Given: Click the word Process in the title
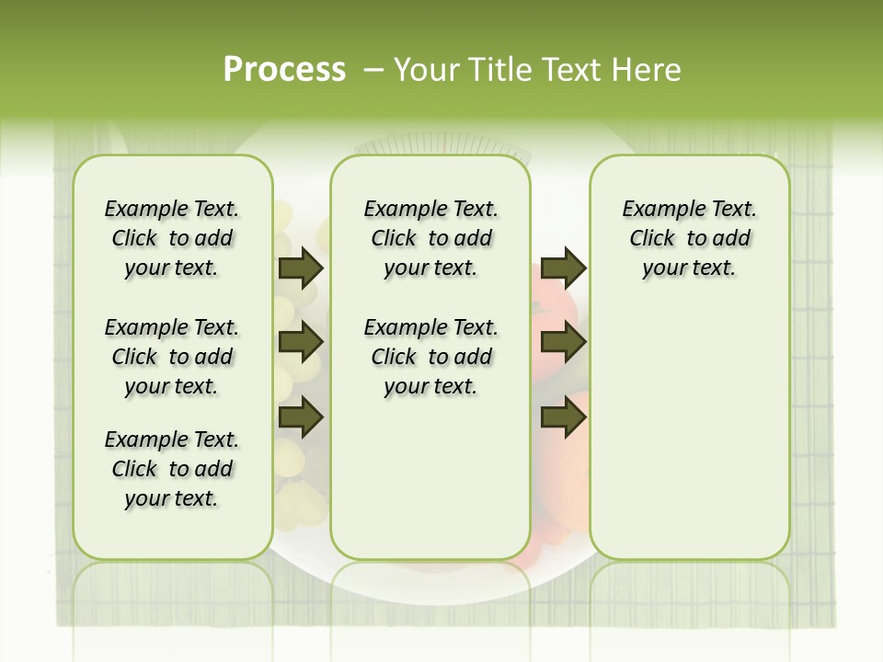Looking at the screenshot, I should coord(284,70).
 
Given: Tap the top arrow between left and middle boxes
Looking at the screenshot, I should coord(301,268).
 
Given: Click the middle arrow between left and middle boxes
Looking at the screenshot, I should coord(301,343).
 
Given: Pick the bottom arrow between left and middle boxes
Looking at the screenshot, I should coord(301,417).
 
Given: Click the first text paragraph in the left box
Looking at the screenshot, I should coord(172,238).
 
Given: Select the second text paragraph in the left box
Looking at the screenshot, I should coord(172,357).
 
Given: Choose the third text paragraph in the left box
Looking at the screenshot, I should coord(172,469).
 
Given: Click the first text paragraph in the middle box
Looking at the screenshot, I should coord(430,238).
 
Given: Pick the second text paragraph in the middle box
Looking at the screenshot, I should coord(430,357).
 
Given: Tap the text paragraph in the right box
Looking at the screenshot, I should coord(689,238).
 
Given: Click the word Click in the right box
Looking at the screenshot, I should coord(652,238).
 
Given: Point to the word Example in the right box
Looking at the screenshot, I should coord(657,210).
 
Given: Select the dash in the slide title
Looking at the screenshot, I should coord(373,70).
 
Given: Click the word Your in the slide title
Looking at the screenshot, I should coord(427,70).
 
